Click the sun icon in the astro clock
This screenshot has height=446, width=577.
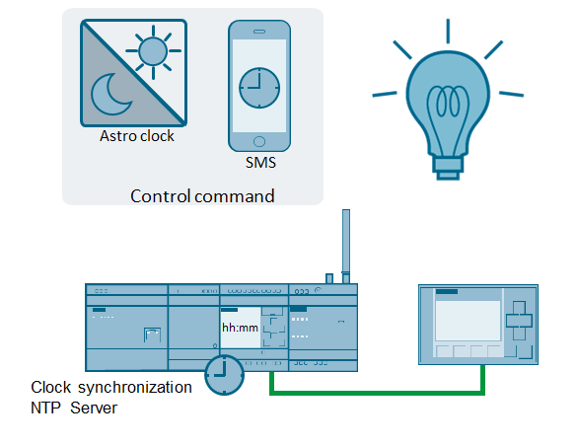tap(153, 51)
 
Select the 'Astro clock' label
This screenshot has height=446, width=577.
tap(136, 136)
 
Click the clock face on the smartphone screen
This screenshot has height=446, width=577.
tap(259, 88)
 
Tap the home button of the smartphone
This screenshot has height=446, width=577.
tap(259, 142)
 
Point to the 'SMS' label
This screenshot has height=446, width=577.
tap(260, 162)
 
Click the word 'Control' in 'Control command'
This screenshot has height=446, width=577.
tap(160, 196)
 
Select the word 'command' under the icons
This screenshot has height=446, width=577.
tap(234, 196)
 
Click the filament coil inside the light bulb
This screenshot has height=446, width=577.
tap(448, 102)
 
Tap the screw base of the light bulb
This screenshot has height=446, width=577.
tap(448, 169)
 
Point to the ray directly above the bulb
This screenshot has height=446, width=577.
tap(448, 32)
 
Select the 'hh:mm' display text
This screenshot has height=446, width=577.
tap(240, 328)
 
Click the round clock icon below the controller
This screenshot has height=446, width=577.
tap(225, 375)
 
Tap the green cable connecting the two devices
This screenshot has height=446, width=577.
tap(377, 393)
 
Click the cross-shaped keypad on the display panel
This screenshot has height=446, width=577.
tap(519, 321)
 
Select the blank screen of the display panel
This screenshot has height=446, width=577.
tap(468, 321)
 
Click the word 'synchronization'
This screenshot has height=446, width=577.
tap(135, 387)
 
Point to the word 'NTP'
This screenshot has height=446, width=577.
tap(45, 408)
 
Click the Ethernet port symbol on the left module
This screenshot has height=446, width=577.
tap(152, 334)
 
